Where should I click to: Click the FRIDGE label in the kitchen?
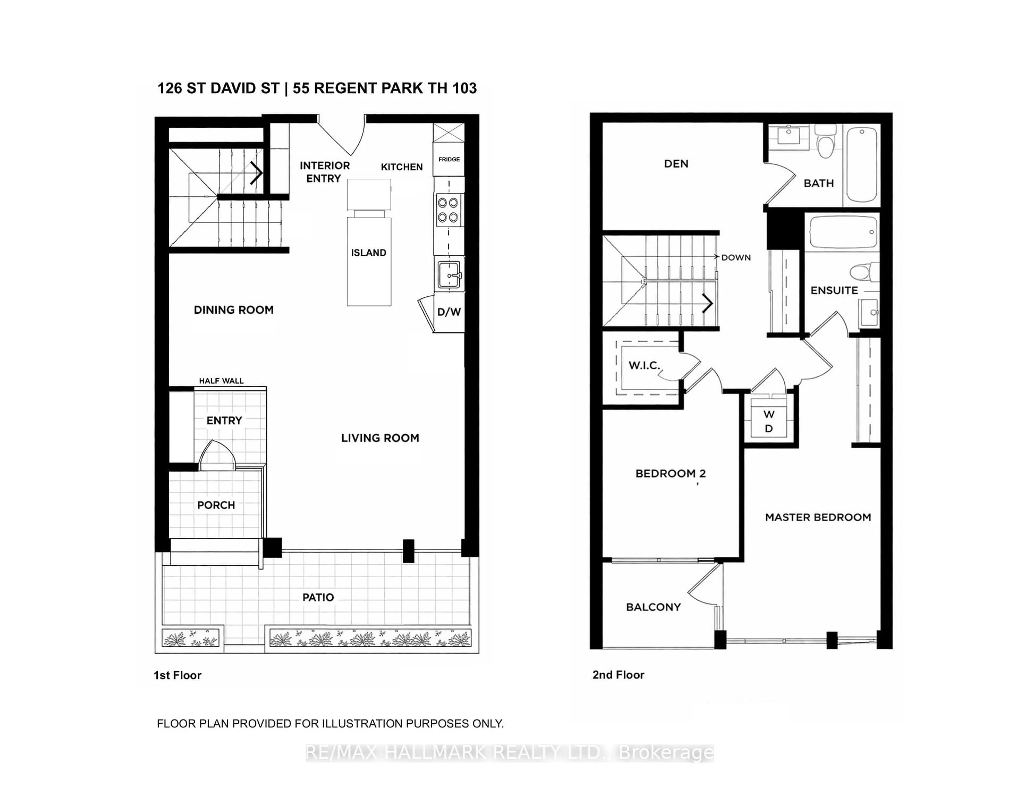tap(449, 160)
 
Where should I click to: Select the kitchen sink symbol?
tap(449, 275)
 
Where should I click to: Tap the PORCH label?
tap(216, 505)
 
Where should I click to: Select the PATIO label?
tap(318, 597)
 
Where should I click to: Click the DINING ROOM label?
tap(233, 310)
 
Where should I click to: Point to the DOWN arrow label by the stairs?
tap(736, 258)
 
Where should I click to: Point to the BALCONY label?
tap(653, 607)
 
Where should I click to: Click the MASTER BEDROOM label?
tap(818, 517)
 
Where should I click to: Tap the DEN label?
tap(676, 163)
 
